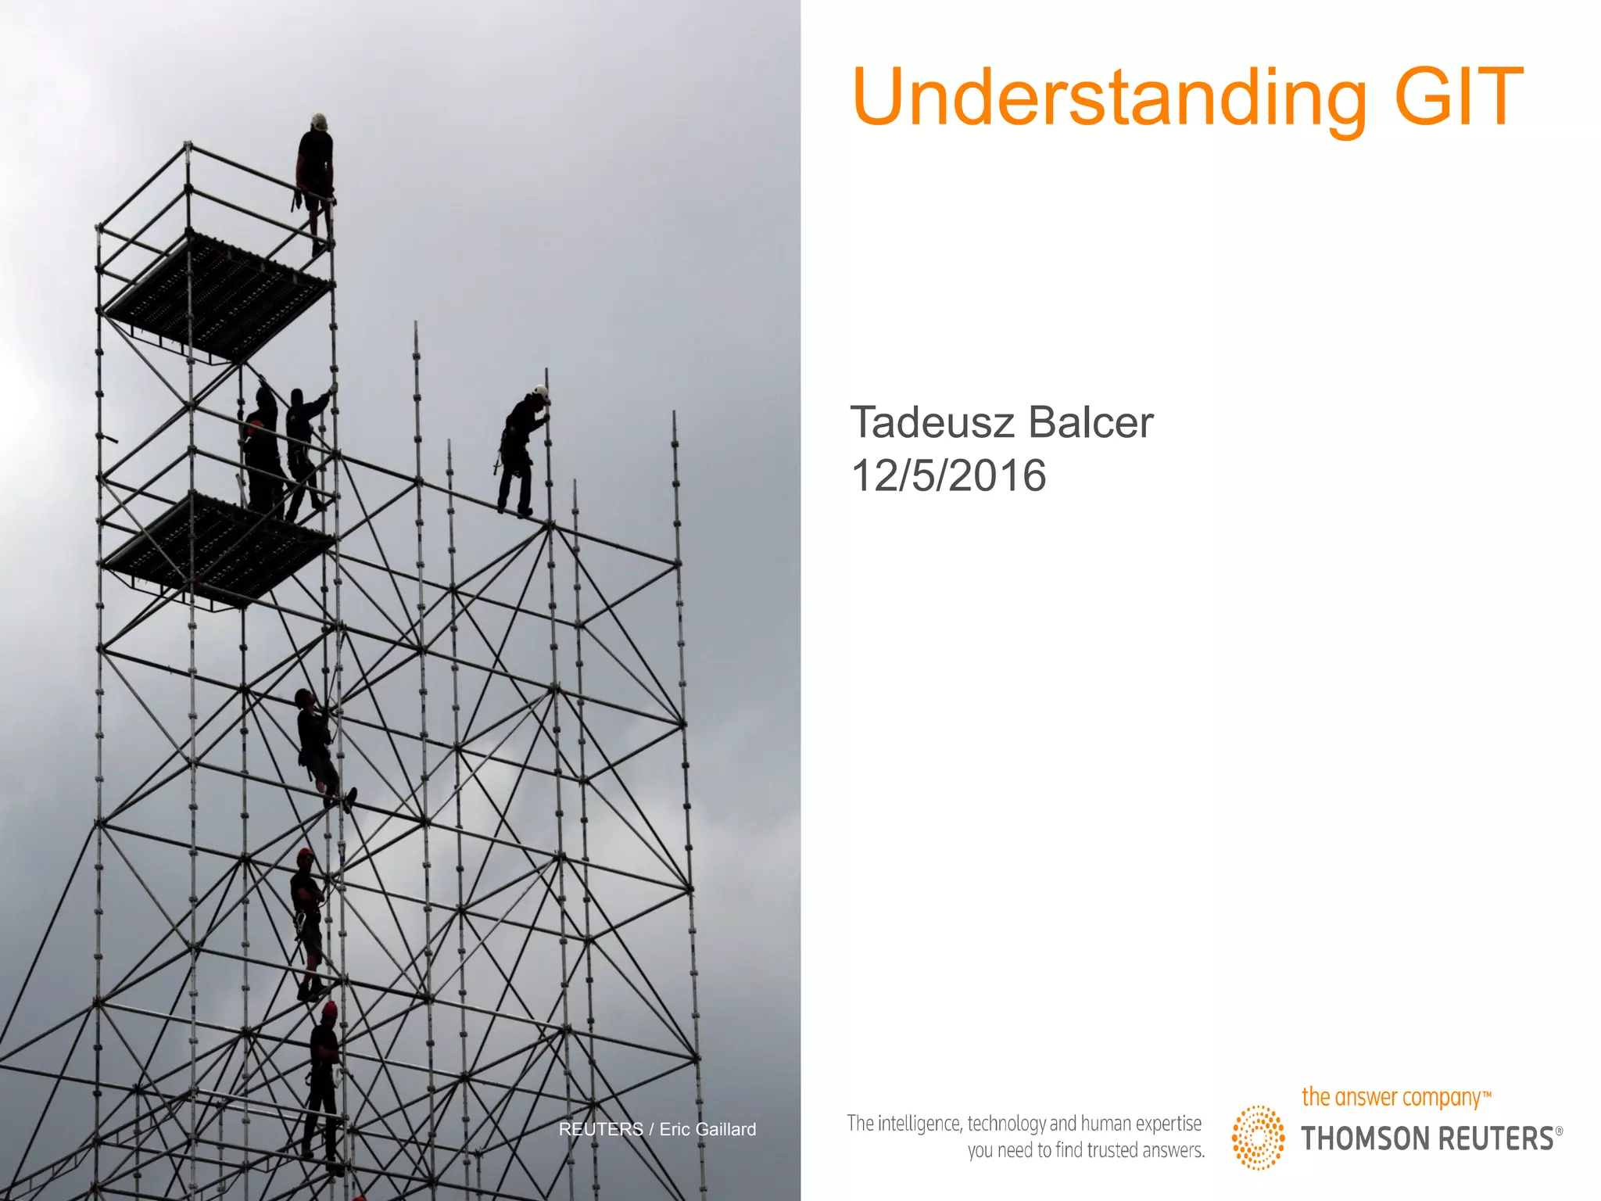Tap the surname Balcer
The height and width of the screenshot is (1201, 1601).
(1091, 423)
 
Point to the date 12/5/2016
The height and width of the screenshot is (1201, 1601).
(948, 475)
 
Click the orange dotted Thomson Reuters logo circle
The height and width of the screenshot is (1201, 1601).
(1258, 1137)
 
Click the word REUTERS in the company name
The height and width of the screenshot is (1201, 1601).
(1502, 1138)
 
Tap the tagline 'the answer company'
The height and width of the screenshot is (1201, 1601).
(1391, 1097)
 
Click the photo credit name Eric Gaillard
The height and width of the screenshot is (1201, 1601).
(707, 1129)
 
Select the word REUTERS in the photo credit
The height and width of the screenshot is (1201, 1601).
(600, 1129)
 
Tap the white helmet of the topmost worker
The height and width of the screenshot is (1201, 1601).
(318, 122)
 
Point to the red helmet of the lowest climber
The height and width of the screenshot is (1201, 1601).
(329, 1009)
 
